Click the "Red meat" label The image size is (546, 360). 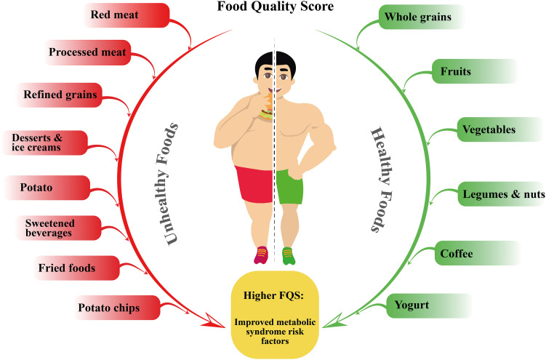pos(114,15)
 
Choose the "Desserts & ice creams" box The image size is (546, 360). pos(41,141)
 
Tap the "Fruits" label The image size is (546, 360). pos(457,73)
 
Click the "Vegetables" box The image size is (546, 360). pos(489,130)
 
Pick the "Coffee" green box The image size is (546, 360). pos(457,254)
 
